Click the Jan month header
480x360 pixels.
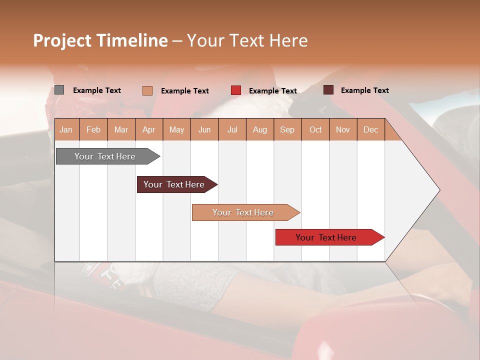tap(66, 129)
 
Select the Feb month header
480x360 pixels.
tap(93, 129)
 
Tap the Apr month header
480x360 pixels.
tap(148, 129)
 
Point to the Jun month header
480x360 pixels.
tap(204, 129)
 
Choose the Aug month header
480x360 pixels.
tap(259, 129)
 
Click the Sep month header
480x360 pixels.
tap(287, 129)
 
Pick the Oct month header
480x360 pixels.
tap(315, 129)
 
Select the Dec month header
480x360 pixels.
tap(370, 129)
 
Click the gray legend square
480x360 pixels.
tap(59, 90)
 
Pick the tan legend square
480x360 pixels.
tap(147, 90)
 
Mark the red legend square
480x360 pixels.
tap(236, 90)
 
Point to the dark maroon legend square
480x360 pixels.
tap(328, 90)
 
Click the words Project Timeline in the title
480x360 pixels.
tap(100, 40)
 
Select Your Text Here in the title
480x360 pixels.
tap(247, 40)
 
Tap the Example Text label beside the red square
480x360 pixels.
tap(272, 91)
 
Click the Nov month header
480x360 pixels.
tap(343, 129)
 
